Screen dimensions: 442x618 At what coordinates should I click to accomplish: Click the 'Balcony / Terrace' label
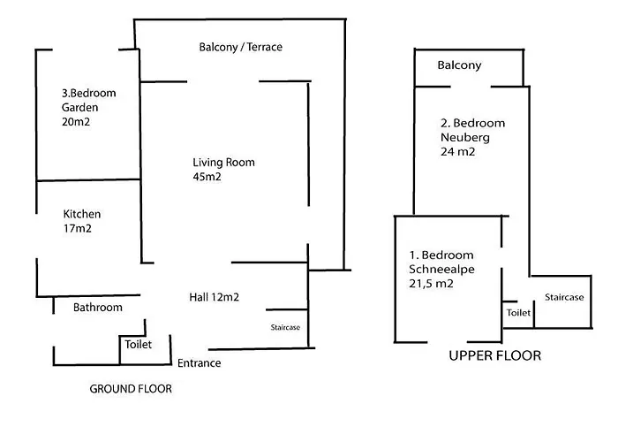(x=240, y=47)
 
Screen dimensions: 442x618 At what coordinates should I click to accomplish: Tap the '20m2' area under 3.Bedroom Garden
(x=77, y=122)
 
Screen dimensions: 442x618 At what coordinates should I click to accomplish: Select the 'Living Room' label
(x=224, y=163)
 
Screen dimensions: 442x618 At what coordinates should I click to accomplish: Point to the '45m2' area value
(x=207, y=178)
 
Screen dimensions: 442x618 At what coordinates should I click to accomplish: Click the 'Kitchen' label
(x=82, y=214)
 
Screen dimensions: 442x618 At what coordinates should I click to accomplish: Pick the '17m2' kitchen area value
(x=78, y=229)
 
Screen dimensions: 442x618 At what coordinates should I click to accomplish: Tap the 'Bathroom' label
(x=97, y=308)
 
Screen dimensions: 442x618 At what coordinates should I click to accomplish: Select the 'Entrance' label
(x=200, y=362)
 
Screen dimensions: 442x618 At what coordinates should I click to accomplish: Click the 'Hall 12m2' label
(x=215, y=297)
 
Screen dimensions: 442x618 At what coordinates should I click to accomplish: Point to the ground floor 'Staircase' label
(x=285, y=328)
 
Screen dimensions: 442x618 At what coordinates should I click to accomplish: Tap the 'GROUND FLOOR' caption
(x=132, y=389)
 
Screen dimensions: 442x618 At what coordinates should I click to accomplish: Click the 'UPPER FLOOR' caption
(x=494, y=356)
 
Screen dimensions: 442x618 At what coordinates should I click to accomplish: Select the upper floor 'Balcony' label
(x=459, y=65)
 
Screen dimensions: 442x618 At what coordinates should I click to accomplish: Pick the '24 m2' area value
(x=457, y=152)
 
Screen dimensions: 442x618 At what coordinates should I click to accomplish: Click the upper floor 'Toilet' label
(x=518, y=313)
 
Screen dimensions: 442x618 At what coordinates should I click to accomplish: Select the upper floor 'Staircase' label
(x=563, y=297)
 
